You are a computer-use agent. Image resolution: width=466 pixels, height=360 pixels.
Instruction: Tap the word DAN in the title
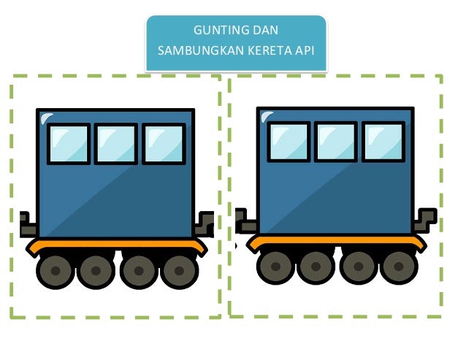[264, 31]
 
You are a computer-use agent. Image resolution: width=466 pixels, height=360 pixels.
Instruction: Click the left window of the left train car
[69, 144]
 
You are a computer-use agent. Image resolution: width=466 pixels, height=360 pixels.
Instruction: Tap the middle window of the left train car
[115, 144]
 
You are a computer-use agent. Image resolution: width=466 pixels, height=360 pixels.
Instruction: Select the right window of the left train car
[163, 144]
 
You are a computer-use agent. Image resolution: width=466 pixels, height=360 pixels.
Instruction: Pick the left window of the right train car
[289, 142]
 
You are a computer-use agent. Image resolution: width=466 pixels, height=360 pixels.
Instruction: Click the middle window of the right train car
[336, 142]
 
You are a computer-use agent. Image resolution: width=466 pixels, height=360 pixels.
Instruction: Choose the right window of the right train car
[383, 142]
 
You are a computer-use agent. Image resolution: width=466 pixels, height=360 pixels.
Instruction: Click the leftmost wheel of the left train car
[54, 271]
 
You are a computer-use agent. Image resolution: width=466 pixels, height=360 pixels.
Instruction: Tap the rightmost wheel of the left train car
[180, 271]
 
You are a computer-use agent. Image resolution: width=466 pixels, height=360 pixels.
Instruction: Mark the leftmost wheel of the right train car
[275, 267]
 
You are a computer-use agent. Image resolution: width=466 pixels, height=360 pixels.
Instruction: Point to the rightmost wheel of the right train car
[400, 267]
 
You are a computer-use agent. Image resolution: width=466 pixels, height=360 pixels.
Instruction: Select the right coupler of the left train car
[206, 223]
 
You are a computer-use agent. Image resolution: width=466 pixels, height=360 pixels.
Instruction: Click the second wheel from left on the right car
[316, 267]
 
